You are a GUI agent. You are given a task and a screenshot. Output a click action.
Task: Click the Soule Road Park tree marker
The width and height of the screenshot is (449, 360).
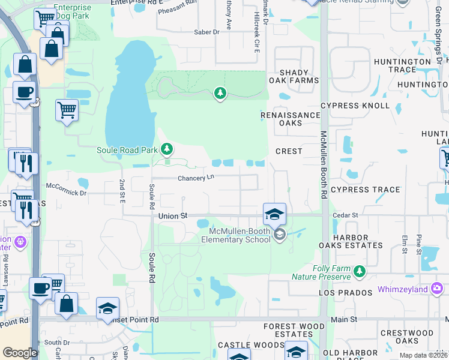[167, 149]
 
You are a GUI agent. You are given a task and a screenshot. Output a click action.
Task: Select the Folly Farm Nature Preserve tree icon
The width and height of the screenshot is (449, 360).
[360, 272]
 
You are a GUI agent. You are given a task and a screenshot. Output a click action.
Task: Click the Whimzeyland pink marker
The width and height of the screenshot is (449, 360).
[437, 289]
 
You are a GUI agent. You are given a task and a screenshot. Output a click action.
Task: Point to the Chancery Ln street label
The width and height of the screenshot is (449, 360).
[196, 178]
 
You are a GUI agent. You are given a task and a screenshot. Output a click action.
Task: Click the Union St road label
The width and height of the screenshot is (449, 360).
[173, 215]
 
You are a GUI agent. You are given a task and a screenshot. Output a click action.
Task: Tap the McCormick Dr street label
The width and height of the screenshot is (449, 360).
[66, 193]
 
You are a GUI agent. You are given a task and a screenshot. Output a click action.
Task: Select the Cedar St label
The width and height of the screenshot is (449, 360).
[346, 215]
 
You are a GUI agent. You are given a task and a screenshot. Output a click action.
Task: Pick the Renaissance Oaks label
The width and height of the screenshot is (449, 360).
[290, 119]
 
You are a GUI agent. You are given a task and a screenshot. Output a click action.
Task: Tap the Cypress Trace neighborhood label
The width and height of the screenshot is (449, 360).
[365, 190]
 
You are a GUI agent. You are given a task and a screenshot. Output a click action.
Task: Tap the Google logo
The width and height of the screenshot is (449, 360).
[20, 353]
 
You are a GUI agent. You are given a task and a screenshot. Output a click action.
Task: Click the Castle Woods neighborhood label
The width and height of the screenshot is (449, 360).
[250, 345]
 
